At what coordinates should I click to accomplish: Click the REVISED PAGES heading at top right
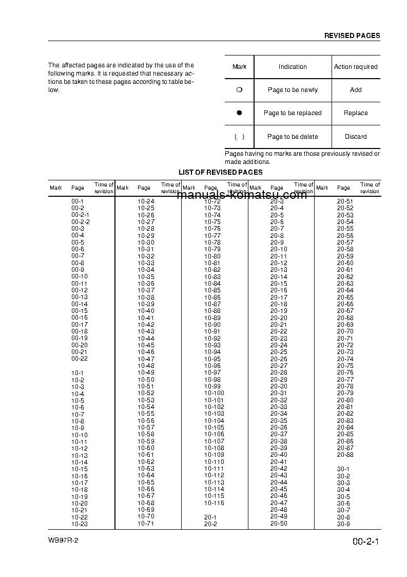coord(352,36)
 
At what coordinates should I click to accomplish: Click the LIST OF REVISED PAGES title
coord(220,173)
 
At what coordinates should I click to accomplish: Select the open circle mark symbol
coord(239,90)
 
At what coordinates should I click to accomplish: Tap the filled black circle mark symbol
coord(239,113)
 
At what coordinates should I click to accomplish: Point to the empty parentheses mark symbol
coord(239,137)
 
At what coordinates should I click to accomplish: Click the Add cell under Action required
coord(356,90)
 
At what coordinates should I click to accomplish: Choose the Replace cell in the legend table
coord(356,113)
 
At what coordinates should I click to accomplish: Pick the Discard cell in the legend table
coord(356,137)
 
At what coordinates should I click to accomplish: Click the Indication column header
coord(293,67)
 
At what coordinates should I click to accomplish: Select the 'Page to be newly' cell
coord(293,90)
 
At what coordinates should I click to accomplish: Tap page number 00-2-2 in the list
coord(81,222)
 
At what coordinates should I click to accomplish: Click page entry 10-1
coord(77,373)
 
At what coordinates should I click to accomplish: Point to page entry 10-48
coord(146,366)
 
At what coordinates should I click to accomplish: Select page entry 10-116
coord(214,503)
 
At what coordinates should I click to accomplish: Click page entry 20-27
coord(279,366)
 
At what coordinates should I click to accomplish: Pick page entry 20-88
coord(345,455)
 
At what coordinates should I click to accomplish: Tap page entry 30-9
coord(343,524)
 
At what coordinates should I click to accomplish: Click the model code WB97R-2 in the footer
coord(64,541)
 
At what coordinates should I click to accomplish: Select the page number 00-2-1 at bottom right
coord(365,542)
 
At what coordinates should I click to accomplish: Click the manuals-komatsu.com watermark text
coord(241,195)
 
